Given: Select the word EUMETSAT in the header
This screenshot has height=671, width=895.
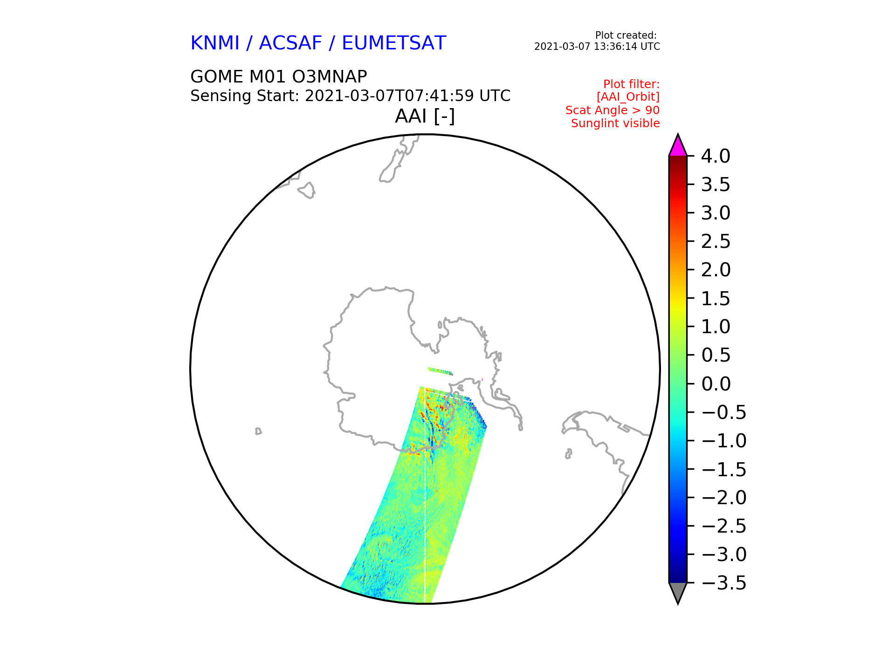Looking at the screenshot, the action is click(x=394, y=43).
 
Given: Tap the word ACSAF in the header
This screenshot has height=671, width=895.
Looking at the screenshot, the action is click(x=290, y=43).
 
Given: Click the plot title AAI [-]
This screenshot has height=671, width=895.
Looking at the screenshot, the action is click(x=425, y=116).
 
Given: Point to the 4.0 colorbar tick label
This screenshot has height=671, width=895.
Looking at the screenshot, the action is click(x=716, y=156).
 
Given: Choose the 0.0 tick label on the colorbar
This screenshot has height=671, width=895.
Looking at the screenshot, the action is click(x=716, y=384).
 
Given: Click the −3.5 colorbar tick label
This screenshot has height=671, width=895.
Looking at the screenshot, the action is click(x=723, y=583).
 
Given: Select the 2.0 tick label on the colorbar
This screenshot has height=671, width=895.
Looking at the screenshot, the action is click(x=716, y=270).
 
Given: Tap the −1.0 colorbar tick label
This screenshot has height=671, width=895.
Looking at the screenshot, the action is click(x=723, y=441).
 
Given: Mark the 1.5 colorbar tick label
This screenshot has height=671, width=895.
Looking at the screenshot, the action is click(x=716, y=299).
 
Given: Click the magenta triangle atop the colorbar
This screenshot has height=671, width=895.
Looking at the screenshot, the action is click(x=678, y=146).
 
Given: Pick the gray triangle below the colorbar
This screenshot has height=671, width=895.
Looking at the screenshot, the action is click(x=678, y=593).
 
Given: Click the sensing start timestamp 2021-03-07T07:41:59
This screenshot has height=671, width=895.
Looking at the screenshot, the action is click(x=389, y=96).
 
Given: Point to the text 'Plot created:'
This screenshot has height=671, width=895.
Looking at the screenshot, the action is click(x=626, y=35).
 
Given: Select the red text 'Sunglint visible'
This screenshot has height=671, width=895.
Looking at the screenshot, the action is click(x=615, y=123).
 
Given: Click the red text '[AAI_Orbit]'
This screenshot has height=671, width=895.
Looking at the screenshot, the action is click(x=628, y=97).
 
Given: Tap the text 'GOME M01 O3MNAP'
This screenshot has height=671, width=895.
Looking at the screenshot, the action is click(x=279, y=77).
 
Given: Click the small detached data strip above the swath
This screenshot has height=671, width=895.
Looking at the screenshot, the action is click(x=440, y=371).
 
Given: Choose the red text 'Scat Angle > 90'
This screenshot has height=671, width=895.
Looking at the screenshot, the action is click(x=613, y=110).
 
